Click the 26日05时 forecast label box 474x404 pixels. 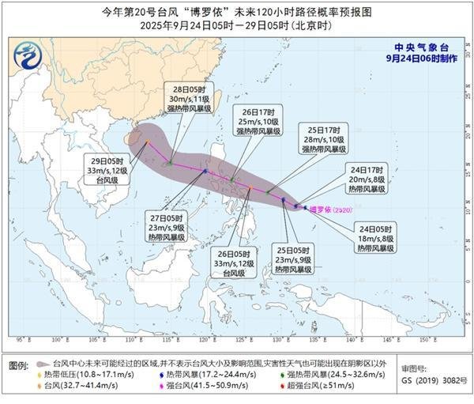pyautogui.click(x=227, y=262)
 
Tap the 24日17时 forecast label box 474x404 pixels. pyautogui.click(x=362, y=179)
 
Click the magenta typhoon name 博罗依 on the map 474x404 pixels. pyautogui.click(x=325, y=210)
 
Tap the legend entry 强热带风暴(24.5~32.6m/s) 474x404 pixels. pyautogui.click(x=324, y=373)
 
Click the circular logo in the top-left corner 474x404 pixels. pyautogui.click(x=30, y=55)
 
